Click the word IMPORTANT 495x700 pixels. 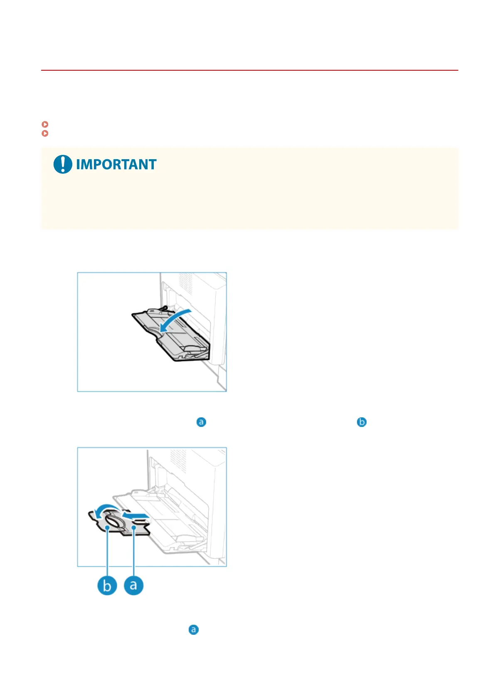coord(116,164)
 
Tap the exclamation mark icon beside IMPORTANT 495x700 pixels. coord(63,164)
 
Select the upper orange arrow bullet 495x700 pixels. coord(45,124)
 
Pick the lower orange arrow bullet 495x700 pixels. coord(45,133)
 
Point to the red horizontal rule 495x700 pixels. coord(249,70)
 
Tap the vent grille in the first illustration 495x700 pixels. coord(186,283)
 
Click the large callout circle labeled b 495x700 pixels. coord(107,585)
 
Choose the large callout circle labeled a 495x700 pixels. coord(134,585)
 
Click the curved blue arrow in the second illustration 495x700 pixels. coord(106,508)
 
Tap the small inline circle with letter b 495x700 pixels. coord(362,422)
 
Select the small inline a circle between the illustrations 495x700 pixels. coord(201,422)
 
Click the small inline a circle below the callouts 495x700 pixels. coord(193,630)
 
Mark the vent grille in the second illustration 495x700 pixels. coord(178,461)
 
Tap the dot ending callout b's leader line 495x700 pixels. coord(107,527)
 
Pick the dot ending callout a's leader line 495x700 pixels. coord(134,527)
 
